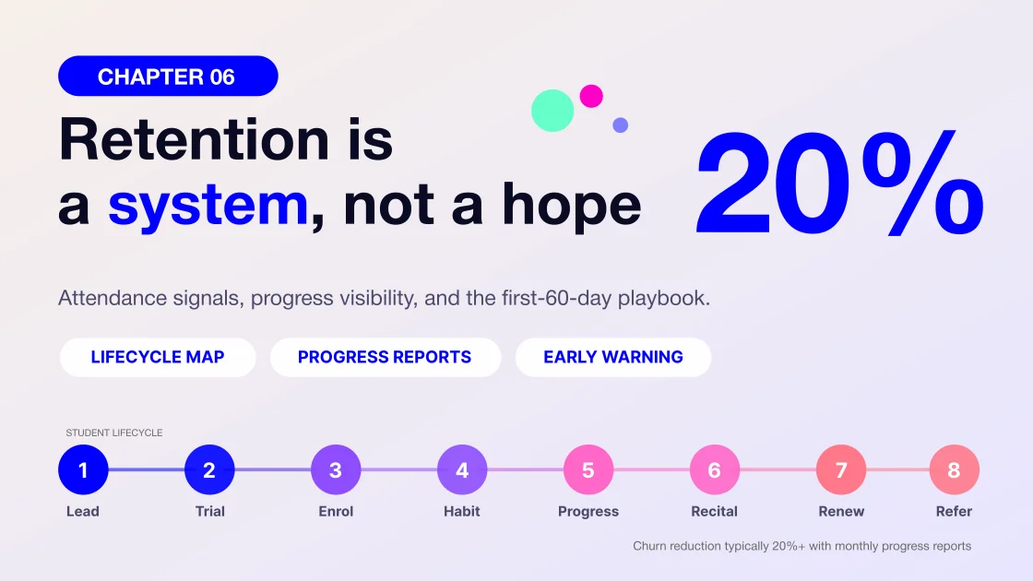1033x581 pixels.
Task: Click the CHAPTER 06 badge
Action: point(168,76)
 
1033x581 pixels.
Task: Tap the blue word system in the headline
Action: point(208,206)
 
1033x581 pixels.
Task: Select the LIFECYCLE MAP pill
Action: point(158,357)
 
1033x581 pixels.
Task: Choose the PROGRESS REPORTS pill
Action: point(385,357)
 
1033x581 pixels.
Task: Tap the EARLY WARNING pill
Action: point(612,357)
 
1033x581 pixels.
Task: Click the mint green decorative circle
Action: point(552,111)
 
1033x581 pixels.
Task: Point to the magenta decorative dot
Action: point(591,96)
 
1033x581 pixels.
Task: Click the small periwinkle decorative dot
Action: point(620,125)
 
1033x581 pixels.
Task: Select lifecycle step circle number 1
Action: point(83,469)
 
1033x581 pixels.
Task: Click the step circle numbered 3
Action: point(336,469)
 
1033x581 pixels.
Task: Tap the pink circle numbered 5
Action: point(588,469)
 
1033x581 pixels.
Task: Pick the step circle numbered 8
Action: point(954,469)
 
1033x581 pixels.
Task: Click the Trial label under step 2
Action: point(209,511)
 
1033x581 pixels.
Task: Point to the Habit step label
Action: point(462,511)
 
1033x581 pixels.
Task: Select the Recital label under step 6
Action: point(714,511)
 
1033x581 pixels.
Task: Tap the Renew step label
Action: point(841,511)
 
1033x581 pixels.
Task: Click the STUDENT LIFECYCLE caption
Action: point(114,433)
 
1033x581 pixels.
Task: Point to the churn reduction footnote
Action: point(801,546)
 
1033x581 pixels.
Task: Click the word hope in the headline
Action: point(571,207)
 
